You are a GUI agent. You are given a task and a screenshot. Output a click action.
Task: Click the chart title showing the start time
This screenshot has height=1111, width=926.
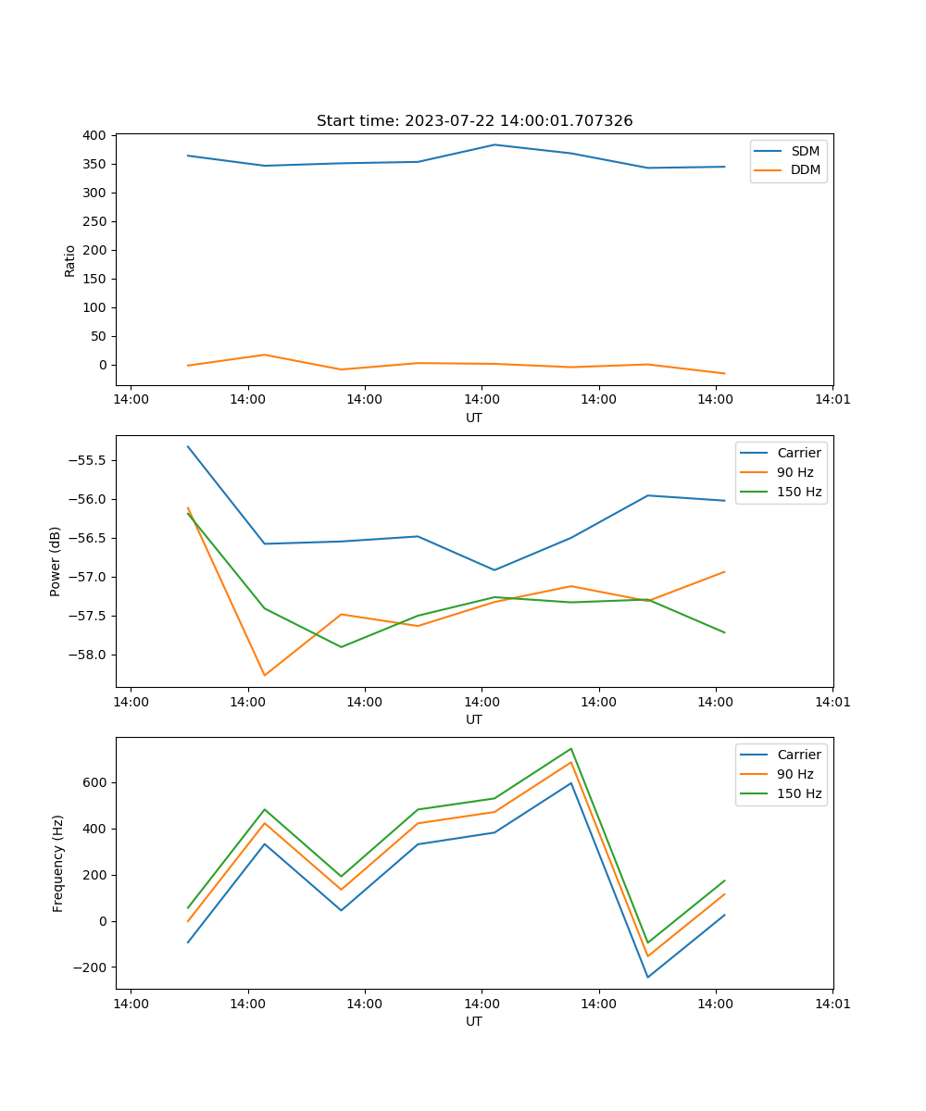pos(474,121)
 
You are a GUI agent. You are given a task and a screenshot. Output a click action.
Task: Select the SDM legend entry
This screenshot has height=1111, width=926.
pos(805,151)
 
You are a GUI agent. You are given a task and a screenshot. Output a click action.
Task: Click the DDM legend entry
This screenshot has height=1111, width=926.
pos(805,169)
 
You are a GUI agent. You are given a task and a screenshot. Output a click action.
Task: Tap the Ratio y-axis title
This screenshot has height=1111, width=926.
pos(70,260)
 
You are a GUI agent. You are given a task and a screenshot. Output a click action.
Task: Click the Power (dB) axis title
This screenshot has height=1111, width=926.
pos(56,561)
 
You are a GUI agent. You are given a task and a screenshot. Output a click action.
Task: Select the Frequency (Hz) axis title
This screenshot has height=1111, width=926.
pos(58,863)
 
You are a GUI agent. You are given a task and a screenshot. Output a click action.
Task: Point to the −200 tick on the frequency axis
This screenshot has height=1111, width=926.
pos(93,967)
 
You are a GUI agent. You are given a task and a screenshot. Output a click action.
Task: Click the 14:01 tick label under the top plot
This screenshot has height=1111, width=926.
pos(832,400)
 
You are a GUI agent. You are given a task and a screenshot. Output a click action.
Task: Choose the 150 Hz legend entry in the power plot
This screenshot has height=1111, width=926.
pos(799,492)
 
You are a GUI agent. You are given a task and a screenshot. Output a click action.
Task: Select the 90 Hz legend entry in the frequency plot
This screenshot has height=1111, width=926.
pos(795,774)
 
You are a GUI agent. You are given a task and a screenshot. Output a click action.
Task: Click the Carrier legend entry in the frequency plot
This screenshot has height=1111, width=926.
pos(798,755)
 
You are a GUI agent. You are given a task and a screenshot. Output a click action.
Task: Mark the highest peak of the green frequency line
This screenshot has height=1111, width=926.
pos(571,748)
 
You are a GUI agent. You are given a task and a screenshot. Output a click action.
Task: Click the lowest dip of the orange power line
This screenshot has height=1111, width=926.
pos(265,675)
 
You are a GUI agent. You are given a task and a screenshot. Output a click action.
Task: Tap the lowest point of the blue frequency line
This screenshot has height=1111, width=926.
pos(647,977)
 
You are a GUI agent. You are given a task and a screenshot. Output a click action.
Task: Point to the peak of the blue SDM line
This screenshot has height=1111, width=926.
pos(494,144)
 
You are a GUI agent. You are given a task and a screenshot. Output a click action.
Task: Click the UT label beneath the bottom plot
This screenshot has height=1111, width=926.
pos(474,1021)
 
